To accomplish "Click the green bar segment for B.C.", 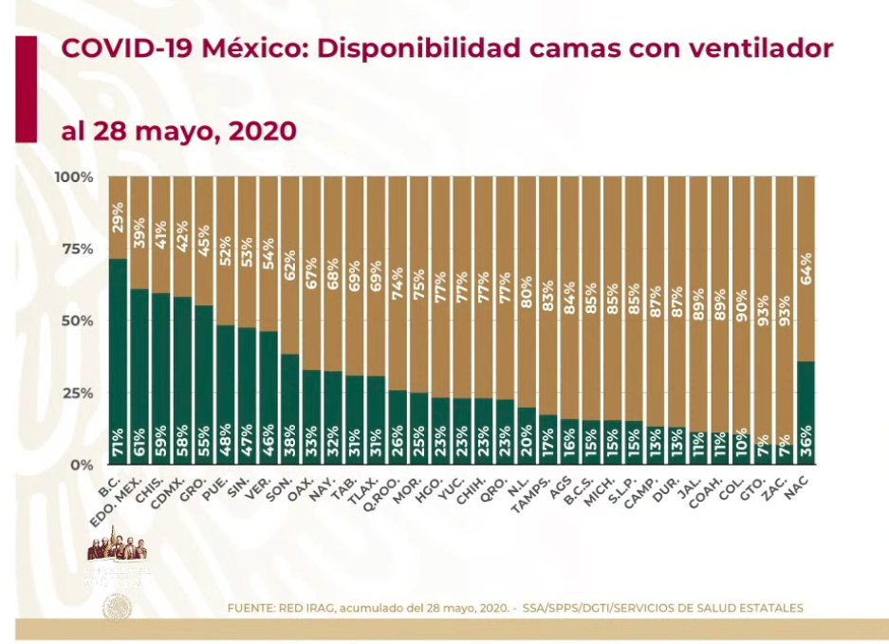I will point(119,360).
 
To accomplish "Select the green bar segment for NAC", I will point(806,413).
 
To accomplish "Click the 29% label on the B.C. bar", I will point(119,219).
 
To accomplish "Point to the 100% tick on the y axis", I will point(74,177).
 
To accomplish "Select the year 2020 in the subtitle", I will point(263,130).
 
